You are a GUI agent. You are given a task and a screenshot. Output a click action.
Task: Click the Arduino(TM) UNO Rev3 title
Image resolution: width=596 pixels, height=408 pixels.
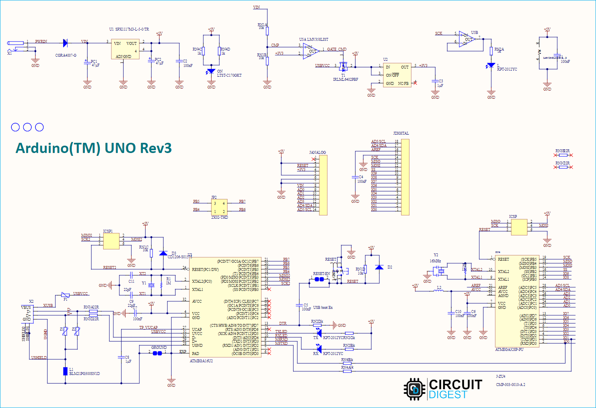[93, 148]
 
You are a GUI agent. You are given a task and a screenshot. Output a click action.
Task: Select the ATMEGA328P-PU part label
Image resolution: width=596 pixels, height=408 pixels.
[509, 350]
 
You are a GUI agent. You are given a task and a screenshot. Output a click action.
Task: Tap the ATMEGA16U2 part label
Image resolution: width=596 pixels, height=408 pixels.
[201, 361]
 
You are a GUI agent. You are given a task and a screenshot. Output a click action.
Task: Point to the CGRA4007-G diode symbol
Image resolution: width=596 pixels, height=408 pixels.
[65, 43]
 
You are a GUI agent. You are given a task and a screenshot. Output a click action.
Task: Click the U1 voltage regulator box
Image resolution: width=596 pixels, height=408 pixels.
[125, 49]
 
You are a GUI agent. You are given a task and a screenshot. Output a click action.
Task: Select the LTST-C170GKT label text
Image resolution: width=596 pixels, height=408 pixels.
[229, 75]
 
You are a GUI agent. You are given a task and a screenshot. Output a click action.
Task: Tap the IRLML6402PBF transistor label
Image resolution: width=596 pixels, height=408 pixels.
[345, 80]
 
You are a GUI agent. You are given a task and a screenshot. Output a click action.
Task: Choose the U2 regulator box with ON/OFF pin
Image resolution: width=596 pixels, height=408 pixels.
[397, 75]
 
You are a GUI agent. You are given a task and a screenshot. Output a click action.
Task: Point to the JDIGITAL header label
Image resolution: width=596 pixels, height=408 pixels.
[401, 133]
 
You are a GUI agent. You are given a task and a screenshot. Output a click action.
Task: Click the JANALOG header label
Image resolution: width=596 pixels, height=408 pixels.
[317, 153]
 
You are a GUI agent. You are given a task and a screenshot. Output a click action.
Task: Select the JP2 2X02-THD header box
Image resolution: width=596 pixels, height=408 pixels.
[219, 207]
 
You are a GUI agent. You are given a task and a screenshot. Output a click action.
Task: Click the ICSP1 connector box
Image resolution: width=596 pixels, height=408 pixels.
[111, 241]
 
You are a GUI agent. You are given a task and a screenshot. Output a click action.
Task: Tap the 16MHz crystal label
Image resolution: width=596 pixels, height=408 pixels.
[435, 261]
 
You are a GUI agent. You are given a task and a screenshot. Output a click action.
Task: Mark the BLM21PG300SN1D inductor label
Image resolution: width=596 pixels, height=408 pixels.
[84, 374]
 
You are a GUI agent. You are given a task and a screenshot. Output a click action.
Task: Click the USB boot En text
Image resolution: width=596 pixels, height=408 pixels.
[323, 308]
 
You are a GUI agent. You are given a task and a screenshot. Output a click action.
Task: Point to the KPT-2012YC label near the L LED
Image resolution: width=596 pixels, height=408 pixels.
[507, 69]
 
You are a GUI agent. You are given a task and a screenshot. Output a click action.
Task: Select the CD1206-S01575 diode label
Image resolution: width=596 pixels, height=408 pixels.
[179, 257]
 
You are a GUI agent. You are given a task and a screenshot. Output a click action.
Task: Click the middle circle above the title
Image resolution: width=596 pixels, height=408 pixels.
[27, 127]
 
